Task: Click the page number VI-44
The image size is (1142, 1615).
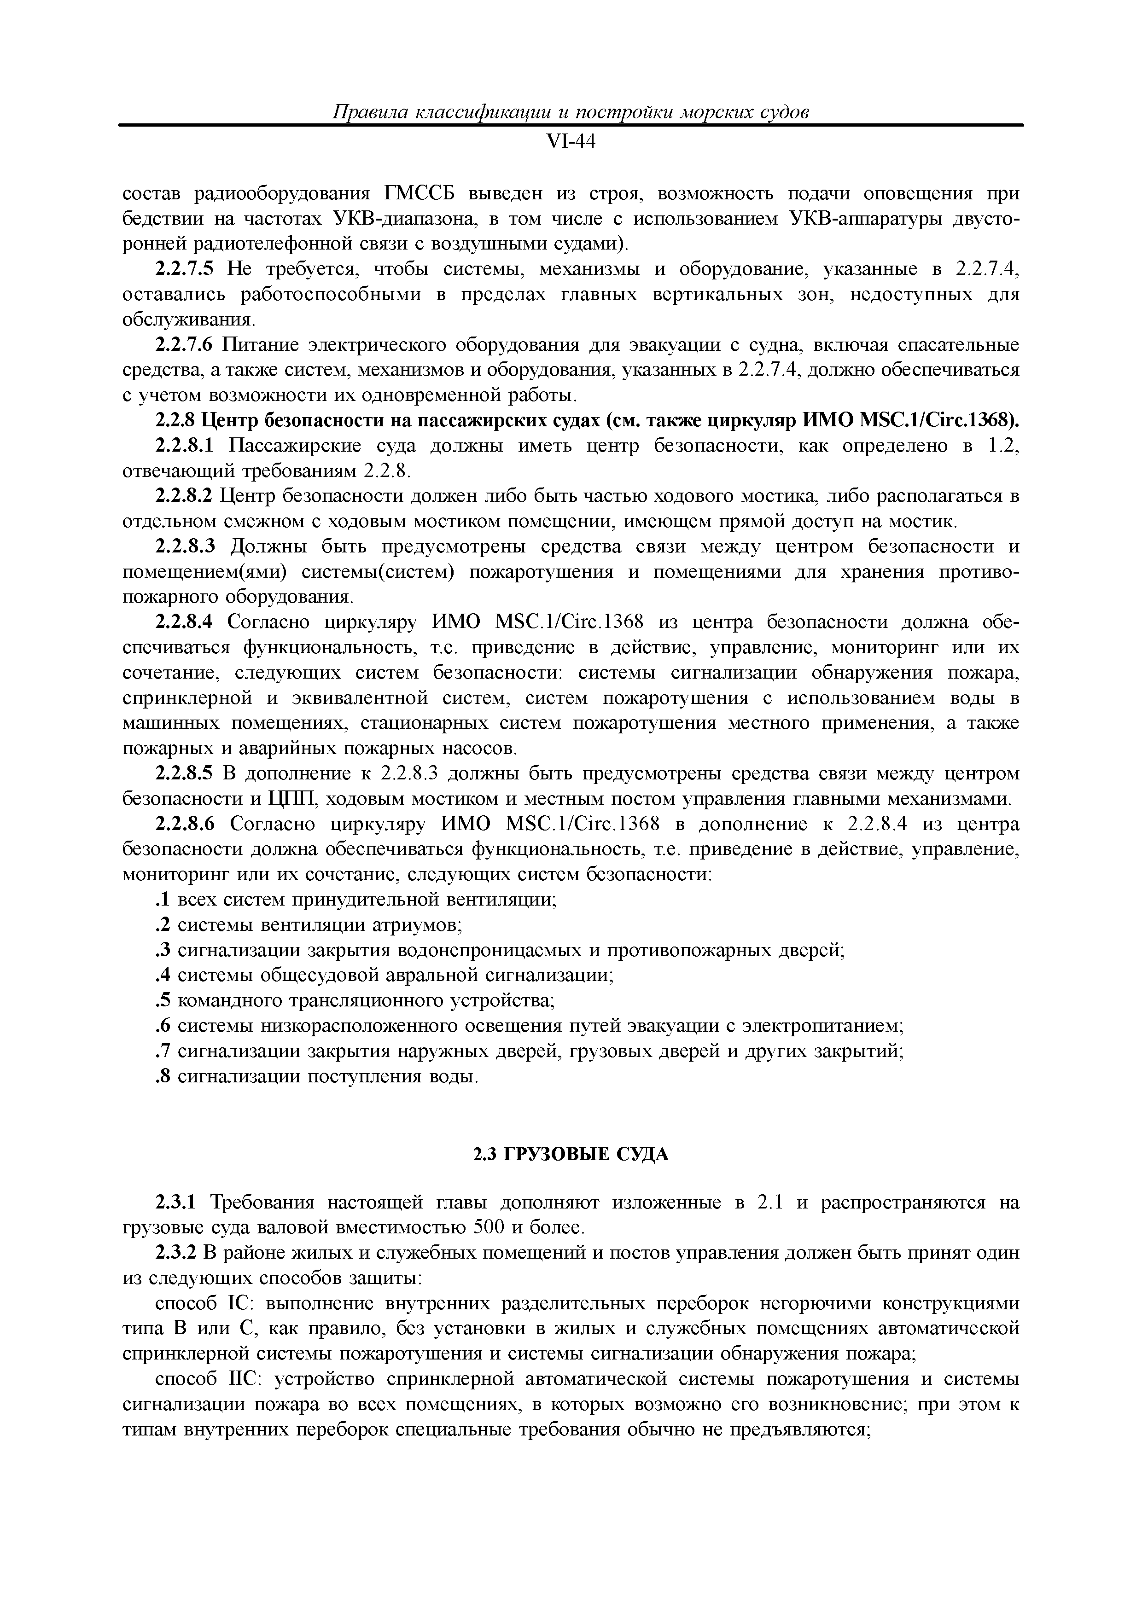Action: click(571, 142)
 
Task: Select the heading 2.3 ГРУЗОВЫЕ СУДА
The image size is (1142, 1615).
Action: click(570, 1154)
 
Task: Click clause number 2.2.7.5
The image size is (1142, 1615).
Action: click(183, 269)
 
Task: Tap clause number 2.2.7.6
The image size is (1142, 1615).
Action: click(183, 345)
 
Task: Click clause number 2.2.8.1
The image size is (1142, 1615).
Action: click(183, 446)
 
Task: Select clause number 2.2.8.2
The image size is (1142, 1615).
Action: click(183, 497)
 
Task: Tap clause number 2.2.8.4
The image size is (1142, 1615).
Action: click(183, 622)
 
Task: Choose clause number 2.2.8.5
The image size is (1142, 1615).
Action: click(183, 774)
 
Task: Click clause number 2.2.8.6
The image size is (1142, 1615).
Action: click(183, 825)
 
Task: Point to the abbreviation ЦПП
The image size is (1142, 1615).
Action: click(286, 800)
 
